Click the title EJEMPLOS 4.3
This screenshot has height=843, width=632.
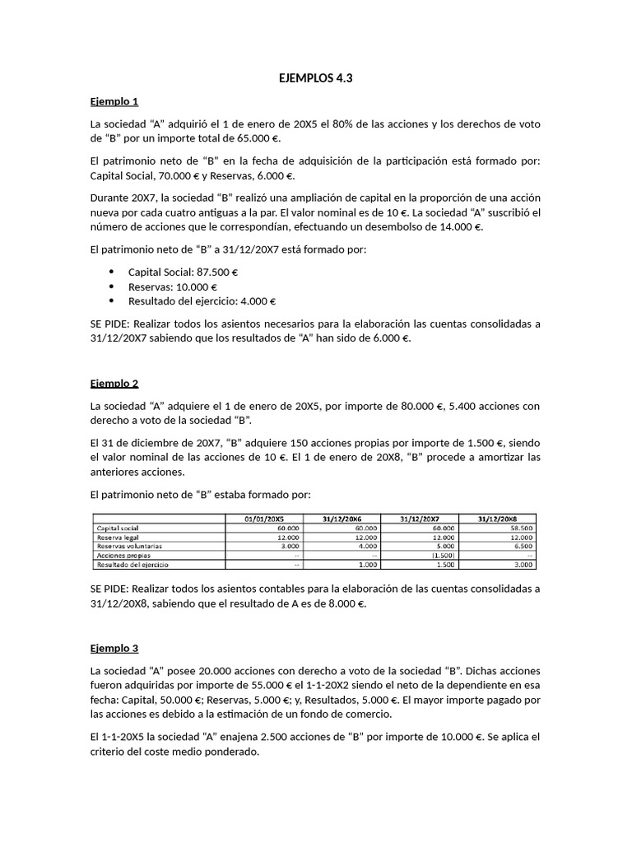pyautogui.click(x=316, y=79)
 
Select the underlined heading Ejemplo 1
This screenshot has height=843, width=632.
pyautogui.click(x=114, y=101)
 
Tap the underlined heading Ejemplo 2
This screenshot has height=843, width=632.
pyautogui.click(x=114, y=384)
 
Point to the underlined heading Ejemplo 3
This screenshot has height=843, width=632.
pyautogui.click(x=114, y=648)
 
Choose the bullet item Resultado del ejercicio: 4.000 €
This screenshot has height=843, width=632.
pyautogui.click(x=202, y=301)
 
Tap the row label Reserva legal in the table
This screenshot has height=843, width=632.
pyautogui.click(x=118, y=537)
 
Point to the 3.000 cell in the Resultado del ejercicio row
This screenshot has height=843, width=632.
pyautogui.click(x=523, y=566)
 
